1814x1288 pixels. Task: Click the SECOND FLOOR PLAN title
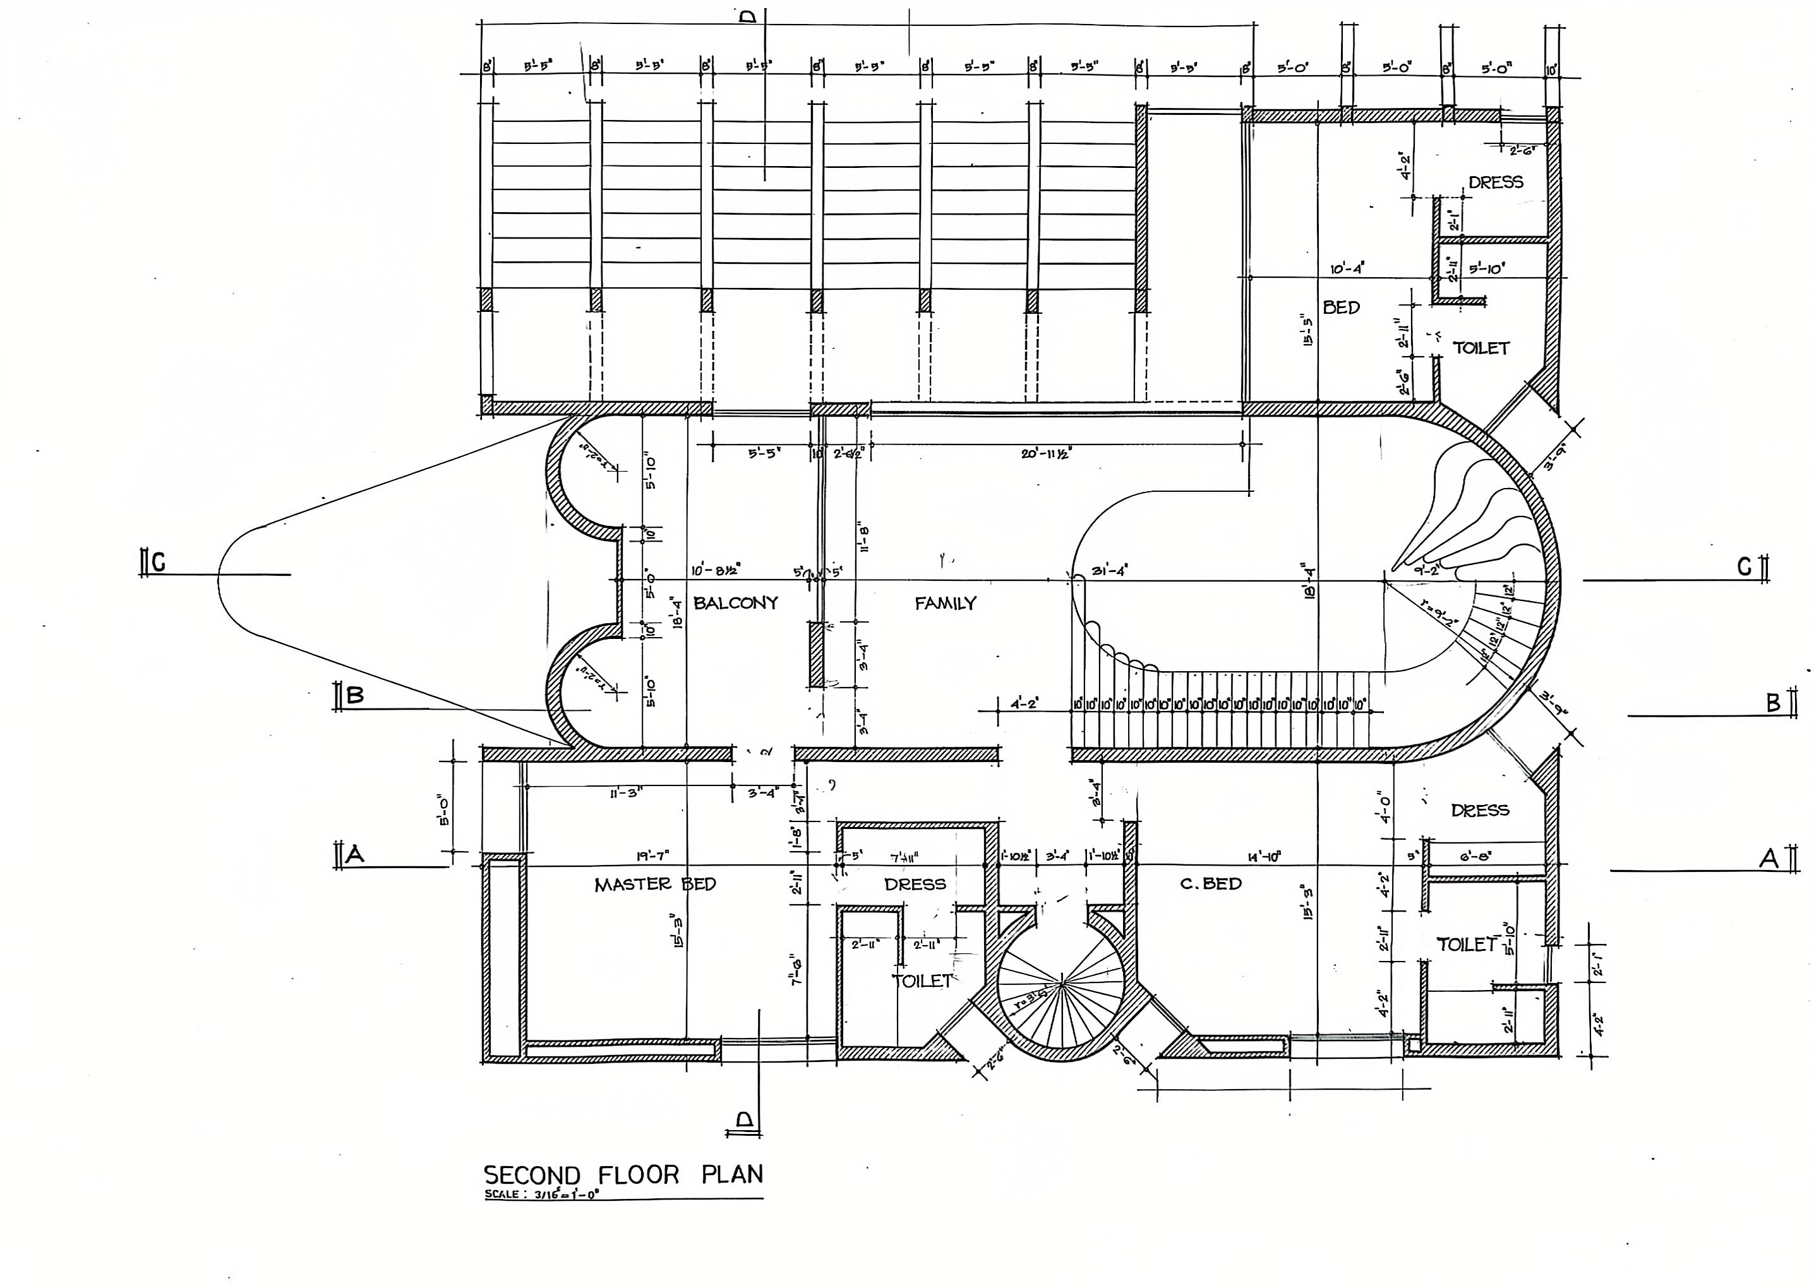tap(623, 1174)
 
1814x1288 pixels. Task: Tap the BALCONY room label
tap(735, 603)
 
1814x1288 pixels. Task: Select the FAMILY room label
tap(945, 604)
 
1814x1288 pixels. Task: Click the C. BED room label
tap(1210, 883)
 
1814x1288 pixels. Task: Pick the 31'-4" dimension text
tap(1110, 570)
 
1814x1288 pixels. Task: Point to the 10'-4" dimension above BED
tap(1347, 269)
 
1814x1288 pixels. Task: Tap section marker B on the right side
tap(1774, 703)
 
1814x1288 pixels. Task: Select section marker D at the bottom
tap(744, 1119)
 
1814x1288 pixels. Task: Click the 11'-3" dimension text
tap(626, 792)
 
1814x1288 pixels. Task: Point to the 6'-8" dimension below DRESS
tap(1475, 857)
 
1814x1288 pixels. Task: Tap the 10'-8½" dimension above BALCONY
tap(716, 569)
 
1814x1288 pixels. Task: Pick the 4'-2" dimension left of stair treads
tap(1024, 703)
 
